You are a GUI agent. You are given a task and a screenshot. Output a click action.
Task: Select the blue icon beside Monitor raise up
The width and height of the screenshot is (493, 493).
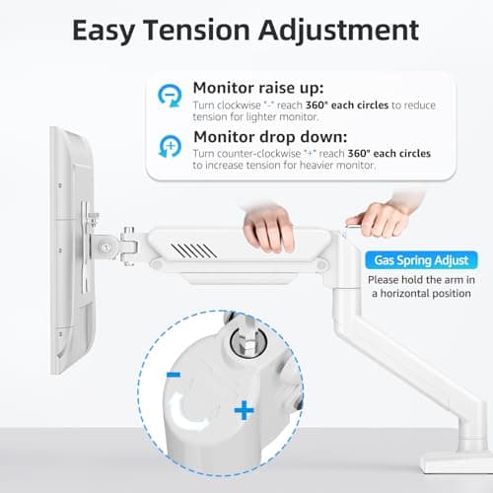click(x=171, y=96)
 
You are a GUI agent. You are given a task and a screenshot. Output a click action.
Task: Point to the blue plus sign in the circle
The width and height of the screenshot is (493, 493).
click(x=243, y=409)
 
